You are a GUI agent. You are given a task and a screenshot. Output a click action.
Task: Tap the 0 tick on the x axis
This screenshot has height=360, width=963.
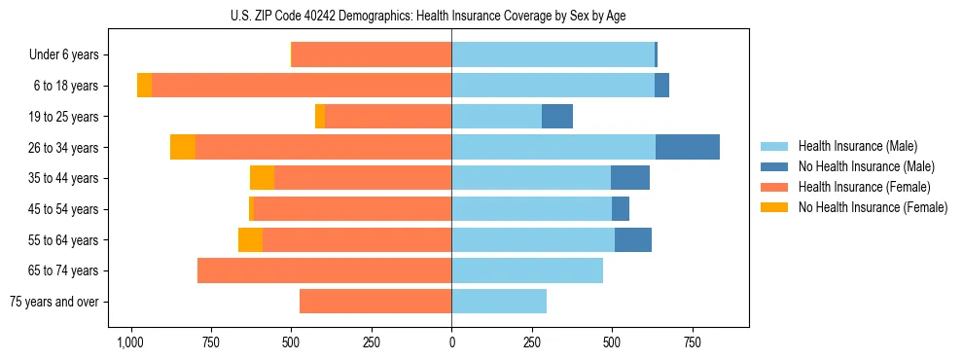[x=451, y=342]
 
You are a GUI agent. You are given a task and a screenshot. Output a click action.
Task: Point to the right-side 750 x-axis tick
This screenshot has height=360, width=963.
[x=692, y=342]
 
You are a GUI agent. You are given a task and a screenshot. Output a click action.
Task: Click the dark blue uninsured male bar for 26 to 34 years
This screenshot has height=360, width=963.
[x=687, y=147]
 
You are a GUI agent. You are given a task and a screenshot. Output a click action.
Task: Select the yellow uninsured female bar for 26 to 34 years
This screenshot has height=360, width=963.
[x=183, y=147]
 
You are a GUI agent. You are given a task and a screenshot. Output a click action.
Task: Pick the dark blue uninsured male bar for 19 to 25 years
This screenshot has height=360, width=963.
[x=557, y=117]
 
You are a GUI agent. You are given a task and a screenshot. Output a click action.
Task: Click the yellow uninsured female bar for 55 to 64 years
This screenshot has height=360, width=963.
[x=250, y=239]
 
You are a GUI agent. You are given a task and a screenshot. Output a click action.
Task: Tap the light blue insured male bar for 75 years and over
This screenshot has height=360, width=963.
[x=499, y=302]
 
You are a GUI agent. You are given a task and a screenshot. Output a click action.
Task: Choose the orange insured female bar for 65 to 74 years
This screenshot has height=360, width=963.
[x=324, y=270]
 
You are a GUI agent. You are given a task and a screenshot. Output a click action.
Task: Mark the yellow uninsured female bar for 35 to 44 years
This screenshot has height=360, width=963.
[x=262, y=178]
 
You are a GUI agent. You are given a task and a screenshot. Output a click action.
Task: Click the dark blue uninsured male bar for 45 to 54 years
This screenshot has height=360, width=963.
[x=621, y=209]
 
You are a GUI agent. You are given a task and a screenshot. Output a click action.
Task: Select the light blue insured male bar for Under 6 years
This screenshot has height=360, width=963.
[x=553, y=55]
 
